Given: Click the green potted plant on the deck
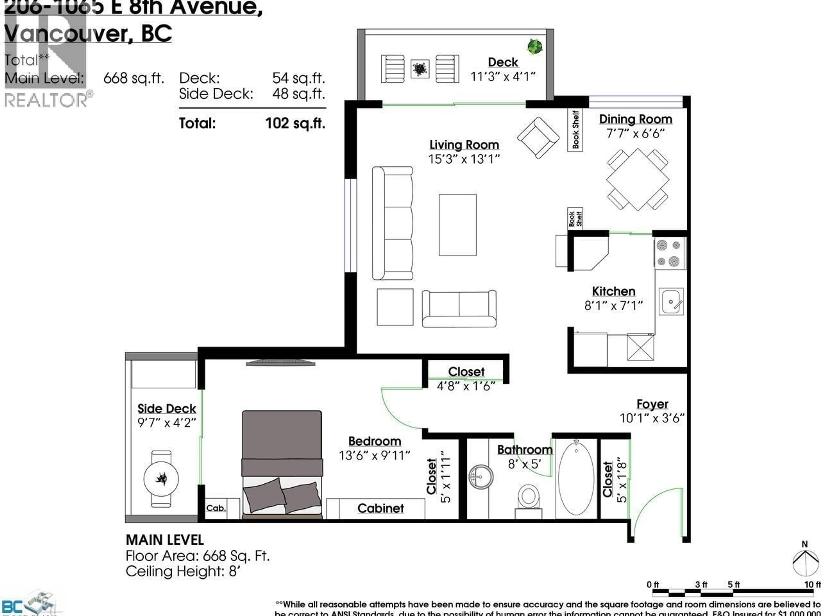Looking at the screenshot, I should pyautogui.click(x=535, y=46).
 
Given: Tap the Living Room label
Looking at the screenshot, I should pyautogui.click(x=464, y=145).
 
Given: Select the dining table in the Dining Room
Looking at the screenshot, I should pyautogui.click(x=638, y=180).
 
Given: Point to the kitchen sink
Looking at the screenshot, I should pyautogui.click(x=671, y=302).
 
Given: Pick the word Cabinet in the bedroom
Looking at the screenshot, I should pyautogui.click(x=380, y=508).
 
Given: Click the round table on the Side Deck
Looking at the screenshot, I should pyautogui.click(x=161, y=479).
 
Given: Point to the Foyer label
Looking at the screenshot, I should pyautogui.click(x=652, y=404).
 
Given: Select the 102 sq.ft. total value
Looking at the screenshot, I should pyautogui.click(x=295, y=123).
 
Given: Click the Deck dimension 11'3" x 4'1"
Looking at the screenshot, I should pyautogui.click(x=503, y=77).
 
